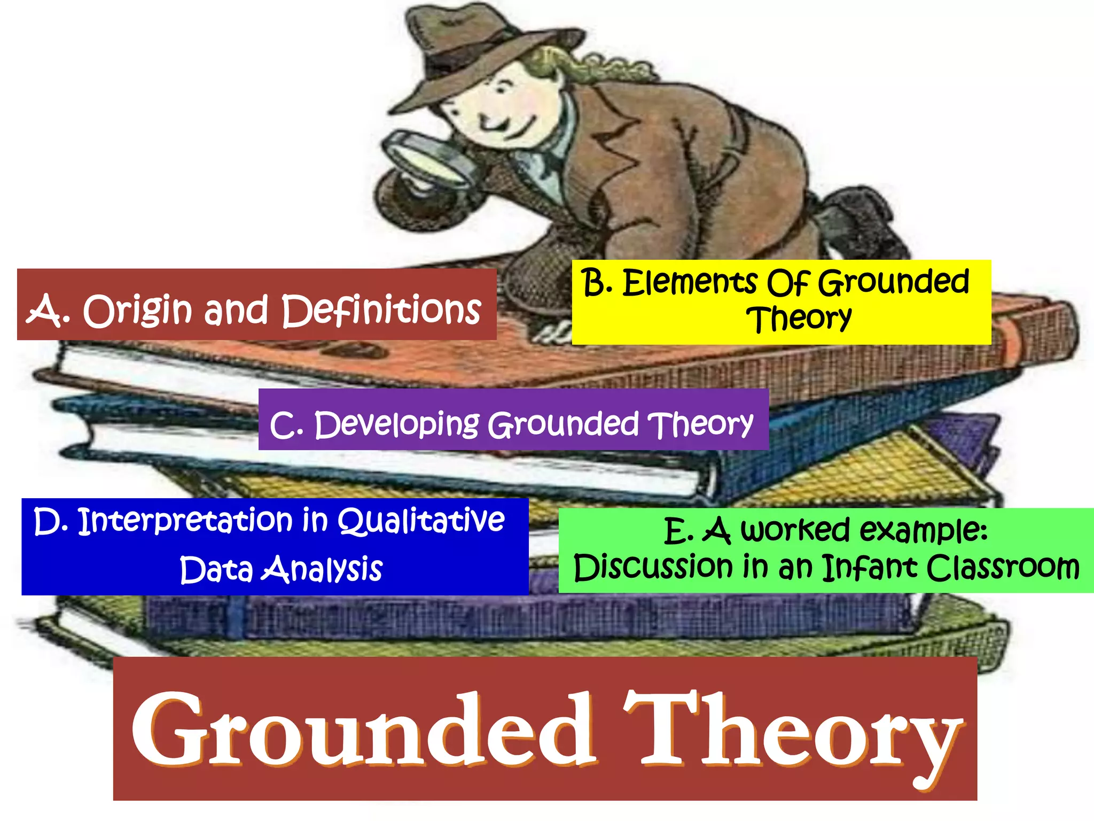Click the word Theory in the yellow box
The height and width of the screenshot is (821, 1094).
pos(799,319)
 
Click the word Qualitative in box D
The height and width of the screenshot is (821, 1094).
pos(421,521)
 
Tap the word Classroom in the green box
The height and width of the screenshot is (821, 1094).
pos(1003,568)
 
